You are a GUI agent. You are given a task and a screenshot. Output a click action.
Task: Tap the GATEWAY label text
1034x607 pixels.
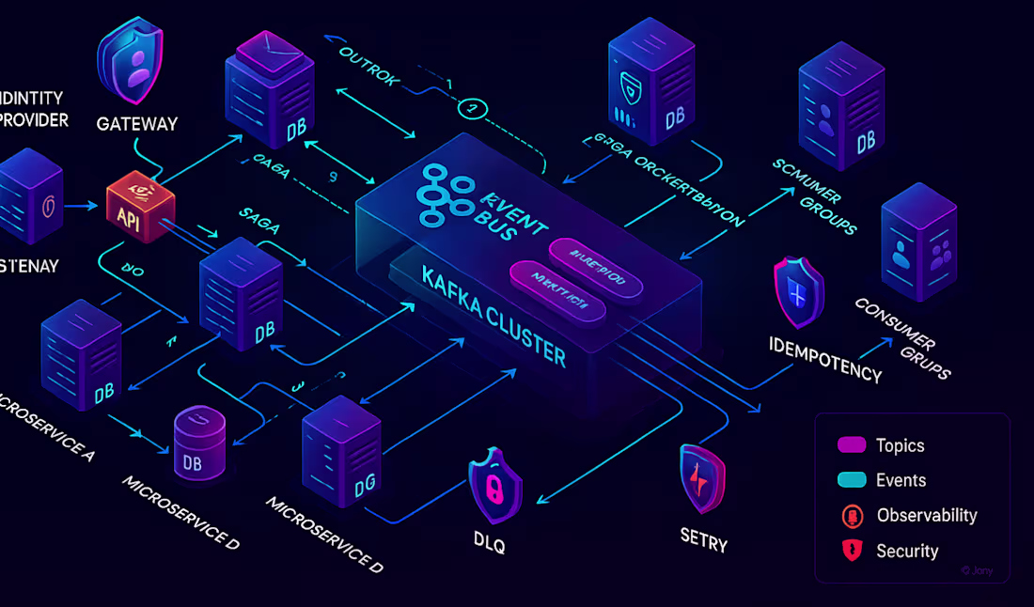(x=137, y=124)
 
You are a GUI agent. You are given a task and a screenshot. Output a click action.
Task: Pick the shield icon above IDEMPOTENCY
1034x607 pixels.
(x=798, y=294)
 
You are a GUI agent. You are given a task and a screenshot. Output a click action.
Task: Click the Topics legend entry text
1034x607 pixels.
(x=900, y=445)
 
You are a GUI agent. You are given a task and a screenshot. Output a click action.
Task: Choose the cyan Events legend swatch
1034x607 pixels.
(x=851, y=480)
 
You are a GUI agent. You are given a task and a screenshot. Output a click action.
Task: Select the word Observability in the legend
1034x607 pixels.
(x=926, y=515)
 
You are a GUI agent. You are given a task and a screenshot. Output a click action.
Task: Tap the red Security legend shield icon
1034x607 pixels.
(x=853, y=551)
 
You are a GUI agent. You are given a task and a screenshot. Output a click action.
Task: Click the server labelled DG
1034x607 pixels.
(x=340, y=456)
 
